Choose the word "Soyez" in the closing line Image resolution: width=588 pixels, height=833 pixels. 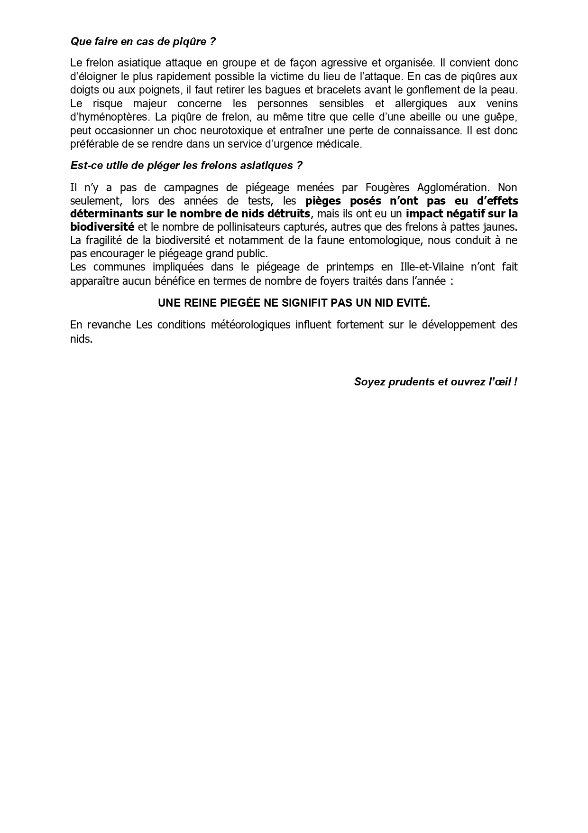tap(369, 382)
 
